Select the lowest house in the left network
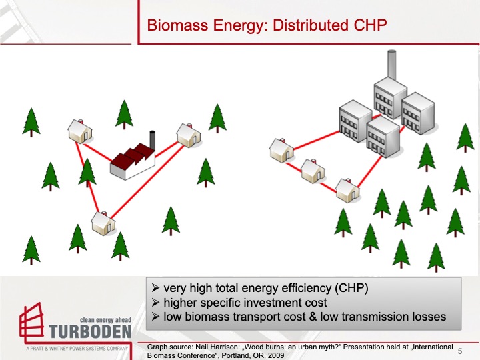[103, 223]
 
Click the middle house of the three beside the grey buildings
[312, 171]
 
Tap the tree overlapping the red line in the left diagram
[87, 172]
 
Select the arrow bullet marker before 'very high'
[155, 289]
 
